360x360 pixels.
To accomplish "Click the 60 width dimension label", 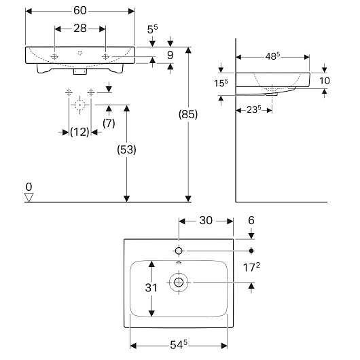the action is [x=80, y=10].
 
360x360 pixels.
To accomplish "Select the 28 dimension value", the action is [x=80, y=29].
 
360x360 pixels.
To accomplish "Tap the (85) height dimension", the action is [x=188, y=114].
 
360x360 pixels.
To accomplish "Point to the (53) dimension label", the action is [x=126, y=149].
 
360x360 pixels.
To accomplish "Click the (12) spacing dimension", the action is [x=79, y=132].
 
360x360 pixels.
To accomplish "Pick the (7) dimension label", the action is [x=109, y=124].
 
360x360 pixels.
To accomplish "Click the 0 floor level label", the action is [x=29, y=187].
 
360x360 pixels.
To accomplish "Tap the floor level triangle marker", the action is [x=29, y=198].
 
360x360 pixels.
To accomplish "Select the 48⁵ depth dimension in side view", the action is [x=272, y=56].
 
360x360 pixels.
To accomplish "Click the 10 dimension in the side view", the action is [x=325, y=81].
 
